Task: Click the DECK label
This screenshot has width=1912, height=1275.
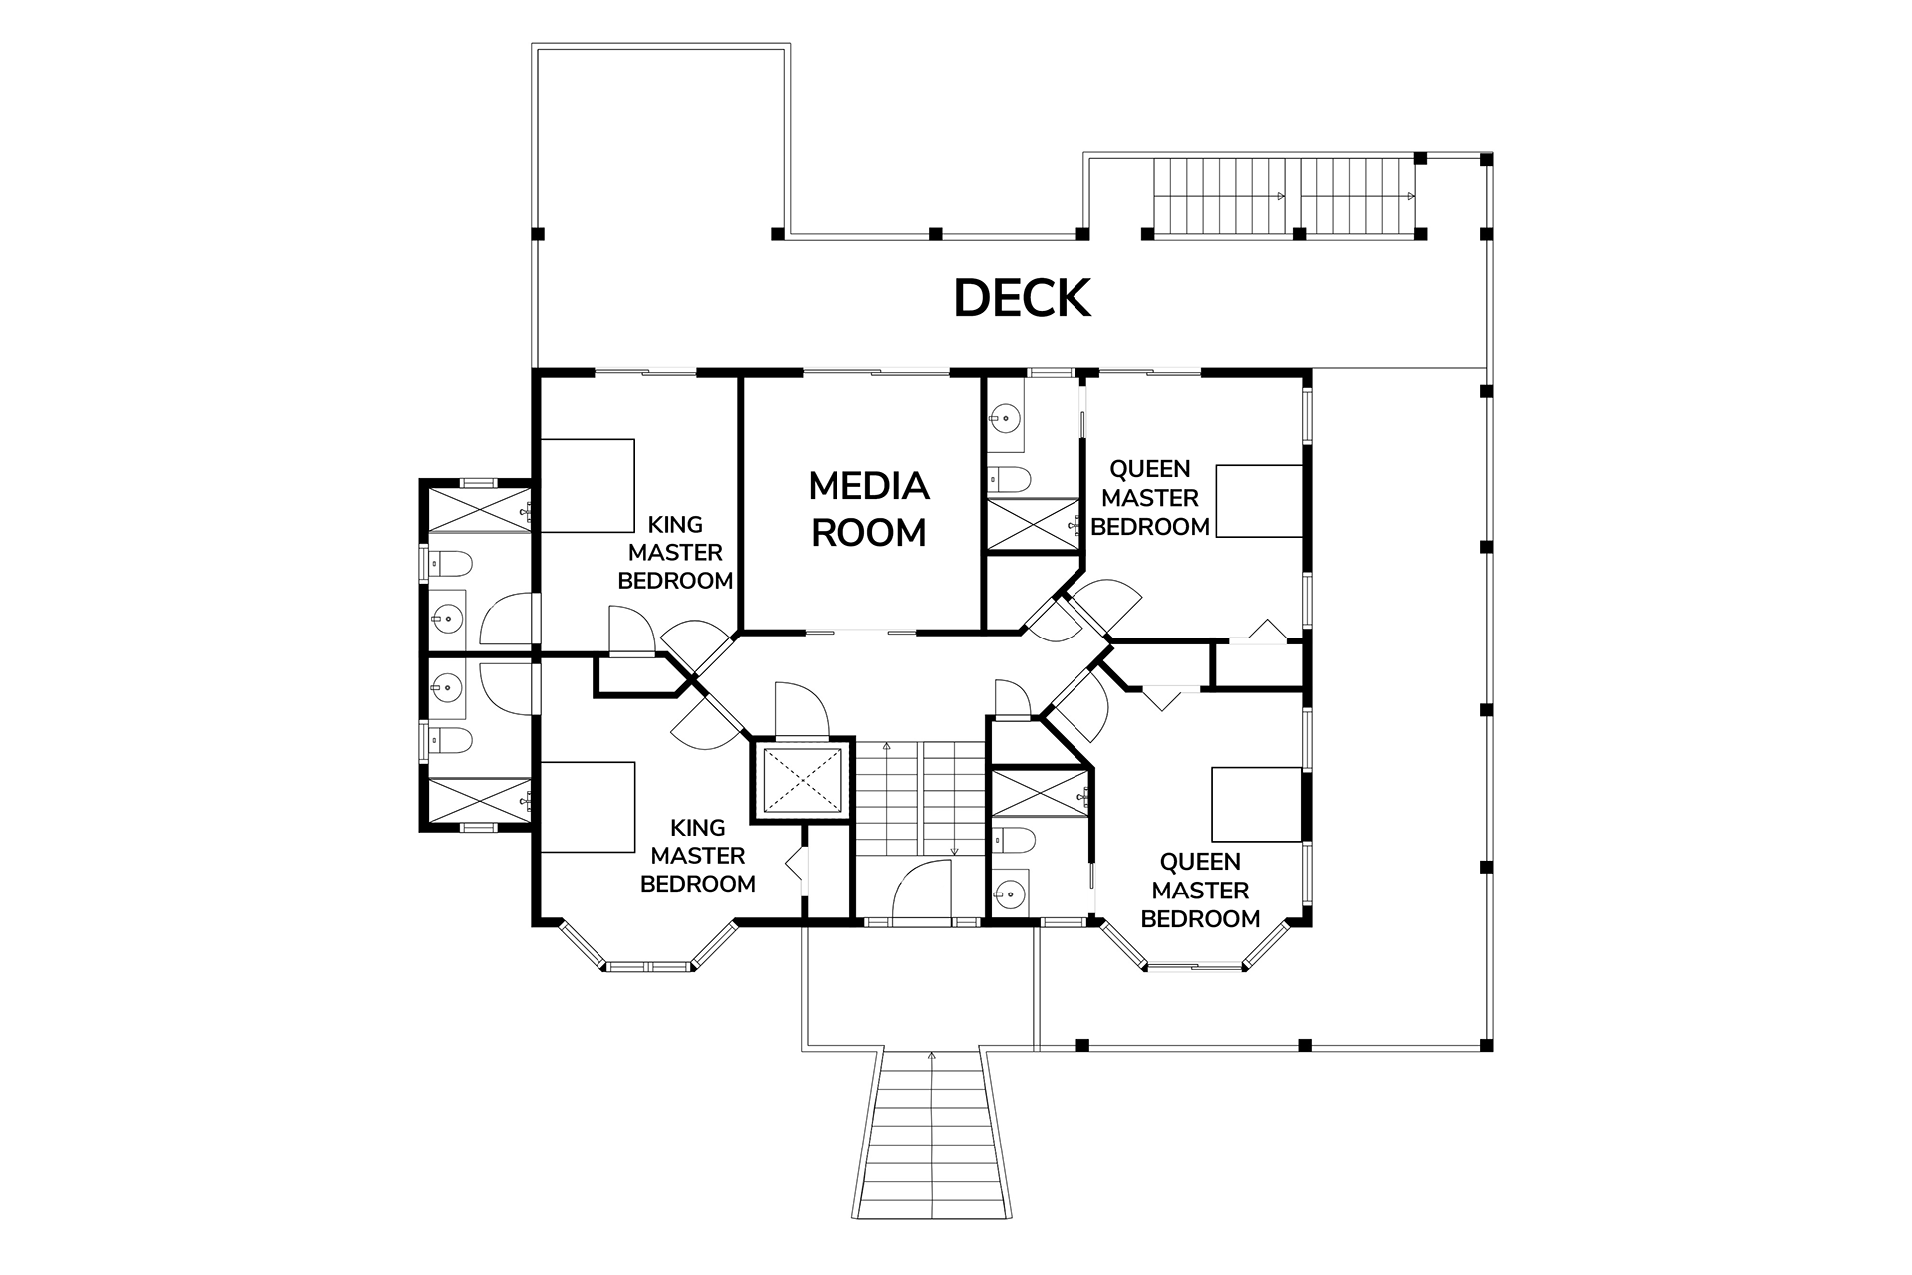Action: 1023,298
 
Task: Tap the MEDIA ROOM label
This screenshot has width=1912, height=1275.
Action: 868,509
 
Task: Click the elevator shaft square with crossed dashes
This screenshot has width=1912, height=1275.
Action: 803,780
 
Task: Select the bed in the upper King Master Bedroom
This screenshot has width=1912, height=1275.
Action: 587,485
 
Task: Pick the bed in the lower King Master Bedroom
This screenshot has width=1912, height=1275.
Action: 587,807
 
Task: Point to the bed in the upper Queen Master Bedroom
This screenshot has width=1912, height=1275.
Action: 1260,500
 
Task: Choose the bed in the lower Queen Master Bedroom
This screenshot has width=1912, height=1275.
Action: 1257,804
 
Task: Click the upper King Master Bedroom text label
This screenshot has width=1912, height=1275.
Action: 675,552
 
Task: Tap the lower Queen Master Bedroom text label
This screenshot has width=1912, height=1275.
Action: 1200,890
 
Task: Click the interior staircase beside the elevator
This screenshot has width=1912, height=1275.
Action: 922,797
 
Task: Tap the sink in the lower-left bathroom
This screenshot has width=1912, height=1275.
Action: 449,686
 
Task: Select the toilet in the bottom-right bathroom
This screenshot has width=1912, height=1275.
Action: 1008,841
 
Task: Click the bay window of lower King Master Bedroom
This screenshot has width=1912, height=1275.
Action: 649,952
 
